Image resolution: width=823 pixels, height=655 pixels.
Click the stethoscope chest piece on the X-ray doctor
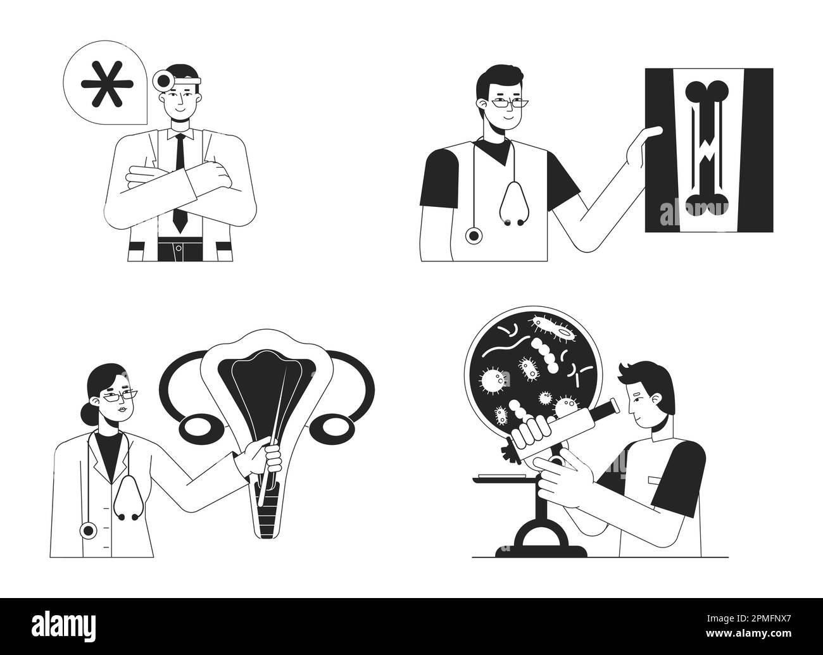pyautogui.click(x=473, y=236)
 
